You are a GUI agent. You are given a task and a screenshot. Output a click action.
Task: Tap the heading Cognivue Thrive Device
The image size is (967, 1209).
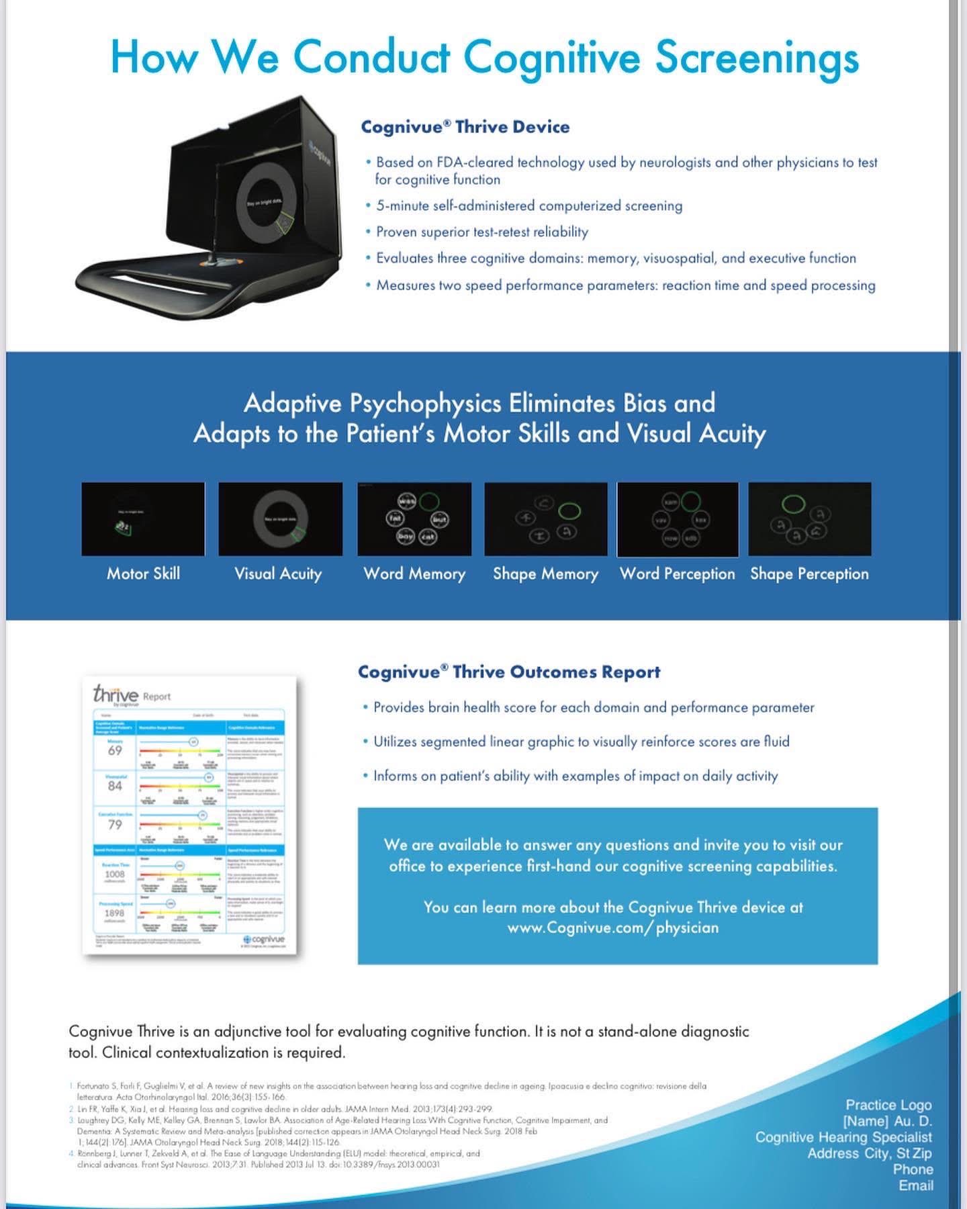point(465,127)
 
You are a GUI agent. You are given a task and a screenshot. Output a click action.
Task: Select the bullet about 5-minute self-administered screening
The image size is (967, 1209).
point(528,206)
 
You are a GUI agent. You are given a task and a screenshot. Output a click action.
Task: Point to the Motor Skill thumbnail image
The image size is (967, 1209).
point(143,519)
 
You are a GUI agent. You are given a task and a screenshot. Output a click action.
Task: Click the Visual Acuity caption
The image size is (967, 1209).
point(278,574)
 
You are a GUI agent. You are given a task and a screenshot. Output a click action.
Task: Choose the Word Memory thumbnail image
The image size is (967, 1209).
point(414,519)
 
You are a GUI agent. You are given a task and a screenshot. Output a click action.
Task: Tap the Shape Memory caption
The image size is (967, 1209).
point(545,574)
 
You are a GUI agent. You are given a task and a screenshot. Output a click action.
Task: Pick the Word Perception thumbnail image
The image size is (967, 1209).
point(678,519)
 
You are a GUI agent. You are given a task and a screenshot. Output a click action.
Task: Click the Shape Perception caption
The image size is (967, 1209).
point(809,574)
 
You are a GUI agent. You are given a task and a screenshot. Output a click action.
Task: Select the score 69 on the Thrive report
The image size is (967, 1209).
point(115,750)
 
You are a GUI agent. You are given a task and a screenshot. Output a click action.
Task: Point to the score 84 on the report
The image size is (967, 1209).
point(115,786)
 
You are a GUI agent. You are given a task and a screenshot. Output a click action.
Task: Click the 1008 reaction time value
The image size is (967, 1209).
point(115,875)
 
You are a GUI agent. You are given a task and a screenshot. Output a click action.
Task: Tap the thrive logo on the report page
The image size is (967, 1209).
point(116,695)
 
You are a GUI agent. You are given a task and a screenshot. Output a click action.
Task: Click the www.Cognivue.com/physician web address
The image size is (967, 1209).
point(612,928)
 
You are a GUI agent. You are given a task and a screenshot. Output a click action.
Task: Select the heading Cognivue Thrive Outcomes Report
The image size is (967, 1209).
point(509,672)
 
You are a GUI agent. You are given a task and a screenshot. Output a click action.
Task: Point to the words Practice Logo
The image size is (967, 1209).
point(888,1105)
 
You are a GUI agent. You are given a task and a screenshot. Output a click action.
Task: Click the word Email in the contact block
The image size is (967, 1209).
point(916,1185)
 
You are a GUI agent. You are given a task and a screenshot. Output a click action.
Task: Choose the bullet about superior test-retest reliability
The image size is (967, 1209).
point(481,232)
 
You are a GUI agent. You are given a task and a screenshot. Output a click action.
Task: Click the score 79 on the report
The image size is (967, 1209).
point(115,824)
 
